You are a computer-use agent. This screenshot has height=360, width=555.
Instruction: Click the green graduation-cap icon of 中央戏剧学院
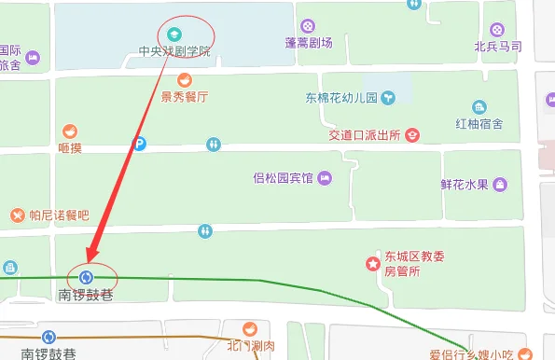(x=172, y=35)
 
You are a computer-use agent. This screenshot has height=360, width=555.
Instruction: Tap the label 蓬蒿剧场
(x=310, y=42)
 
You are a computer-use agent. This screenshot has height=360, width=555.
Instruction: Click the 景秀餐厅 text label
(x=184, y=96)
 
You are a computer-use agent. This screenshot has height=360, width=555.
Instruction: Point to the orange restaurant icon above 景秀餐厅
(x=185, y=79)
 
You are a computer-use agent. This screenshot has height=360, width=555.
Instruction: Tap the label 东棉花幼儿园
(x=340, y=98)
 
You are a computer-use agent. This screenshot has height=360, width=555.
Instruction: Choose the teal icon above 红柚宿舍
(x=479, y=106)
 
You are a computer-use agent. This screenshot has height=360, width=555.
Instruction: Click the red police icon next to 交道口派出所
(x=411, y=135)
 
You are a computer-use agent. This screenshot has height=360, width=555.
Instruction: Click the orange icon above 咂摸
(x=69, y=132)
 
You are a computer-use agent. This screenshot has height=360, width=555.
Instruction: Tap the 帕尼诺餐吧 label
(x=58, y=215)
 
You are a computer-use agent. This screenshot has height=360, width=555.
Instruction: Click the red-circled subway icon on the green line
(x=87, y=277)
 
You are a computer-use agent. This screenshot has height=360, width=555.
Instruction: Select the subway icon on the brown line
(x=49, y=338)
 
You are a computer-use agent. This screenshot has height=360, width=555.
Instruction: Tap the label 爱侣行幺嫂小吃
(x=471, y=353)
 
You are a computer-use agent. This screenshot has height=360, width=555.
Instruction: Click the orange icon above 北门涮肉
(x=249, y=329)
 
